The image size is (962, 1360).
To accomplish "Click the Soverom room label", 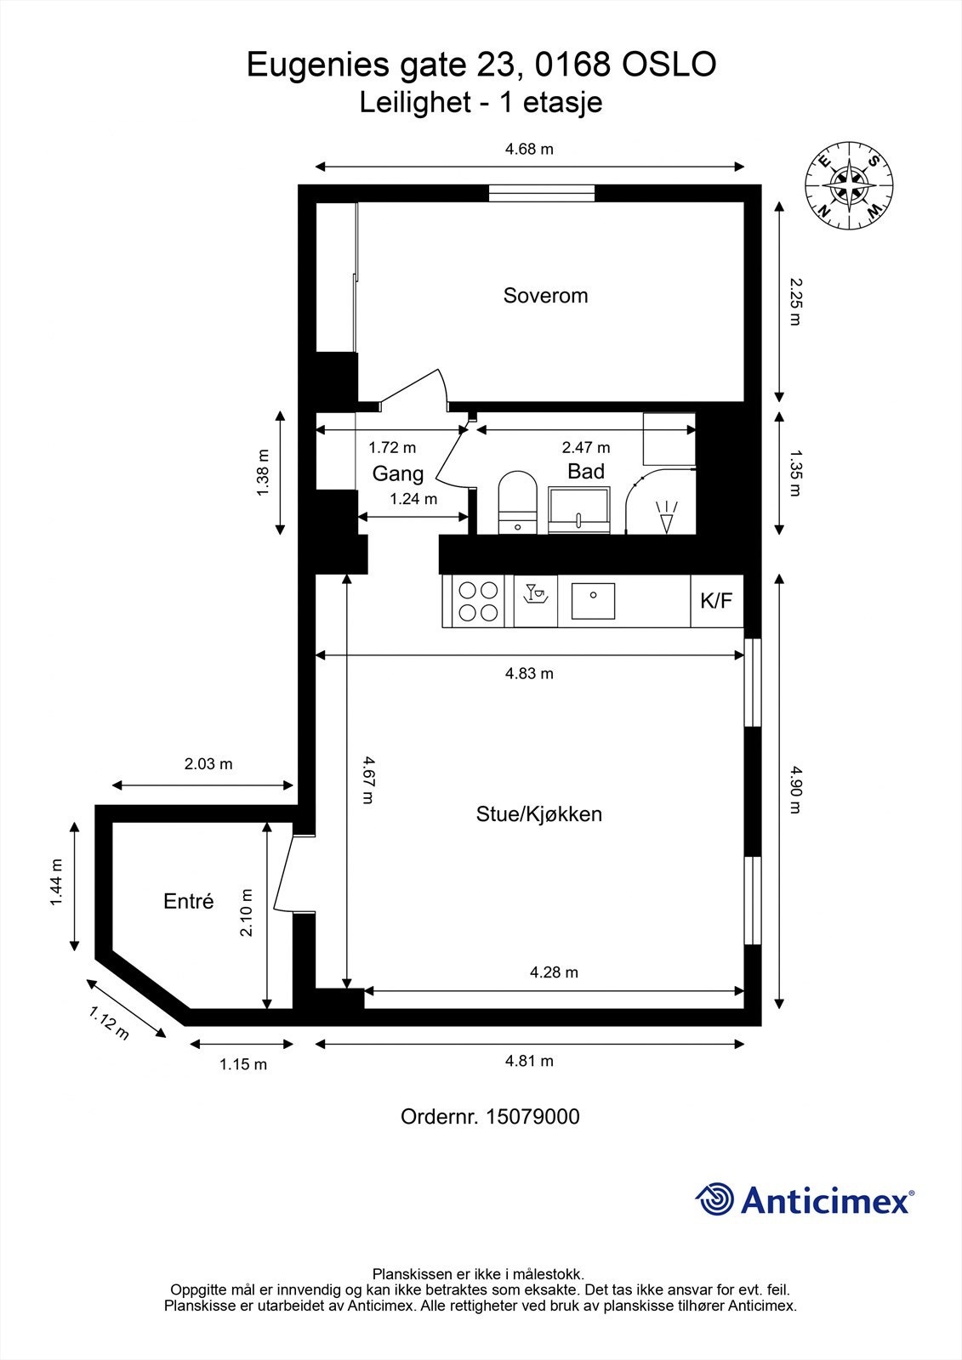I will tap(545, 296).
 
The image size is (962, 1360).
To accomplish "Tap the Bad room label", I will tap(586, 472).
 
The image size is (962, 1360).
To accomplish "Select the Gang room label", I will tap(397, 473).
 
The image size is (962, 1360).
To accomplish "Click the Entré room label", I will tap(188, 902).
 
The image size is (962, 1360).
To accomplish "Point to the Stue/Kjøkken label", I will tap(538, 814).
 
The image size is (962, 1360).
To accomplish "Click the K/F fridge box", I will tap(715, 602).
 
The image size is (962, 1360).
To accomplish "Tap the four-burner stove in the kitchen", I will tap(477, 600).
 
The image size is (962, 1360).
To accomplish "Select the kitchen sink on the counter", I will tap(593, 601).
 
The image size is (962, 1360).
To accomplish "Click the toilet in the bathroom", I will tap(517, 501).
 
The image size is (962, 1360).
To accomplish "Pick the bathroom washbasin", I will tap(579, 510).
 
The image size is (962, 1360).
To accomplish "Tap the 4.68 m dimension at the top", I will tap(529, 150).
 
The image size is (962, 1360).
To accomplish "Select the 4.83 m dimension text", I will tap(529, 674).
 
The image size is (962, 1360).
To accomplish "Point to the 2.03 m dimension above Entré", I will tap(208, 764).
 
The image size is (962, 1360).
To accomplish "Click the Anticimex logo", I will tap(804, 1199).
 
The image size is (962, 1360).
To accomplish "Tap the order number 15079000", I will tap(532, 1116).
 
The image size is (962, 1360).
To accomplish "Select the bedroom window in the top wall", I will tap(541, 193).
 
